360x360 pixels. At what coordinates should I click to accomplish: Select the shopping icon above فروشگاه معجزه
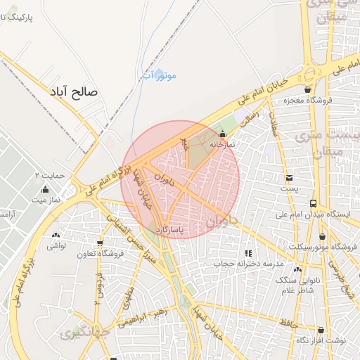pyautogui.click(x=307, y=89)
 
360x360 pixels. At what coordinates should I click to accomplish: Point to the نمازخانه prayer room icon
pyautogui.click(x=223, y=134)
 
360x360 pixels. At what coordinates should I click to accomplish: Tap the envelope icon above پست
pyautogui.click(x=289, y=177)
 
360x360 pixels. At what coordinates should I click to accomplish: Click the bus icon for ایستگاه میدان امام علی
pyautogui.click(x=314, y=203)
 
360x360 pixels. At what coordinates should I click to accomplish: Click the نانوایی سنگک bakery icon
pyautogui.click(x=297, y=269)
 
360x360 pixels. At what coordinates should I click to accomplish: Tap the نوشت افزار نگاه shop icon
pyautogui.click(x=321, y=330)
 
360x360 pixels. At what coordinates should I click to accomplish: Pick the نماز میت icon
pyautogui.click(x=46, y=189)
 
